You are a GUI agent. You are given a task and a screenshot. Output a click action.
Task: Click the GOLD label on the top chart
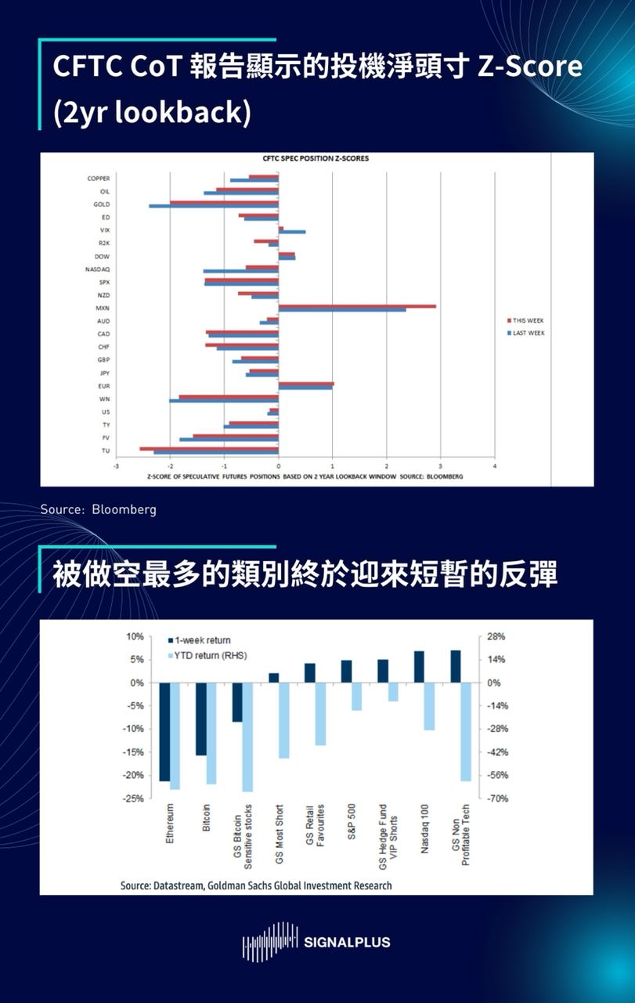coord(101,204)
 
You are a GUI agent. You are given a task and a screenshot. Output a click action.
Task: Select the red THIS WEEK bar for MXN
coord(357,306)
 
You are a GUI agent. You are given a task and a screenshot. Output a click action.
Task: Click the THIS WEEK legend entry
coord(526,320)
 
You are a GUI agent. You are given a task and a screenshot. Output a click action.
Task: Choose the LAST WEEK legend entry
coord(526,333)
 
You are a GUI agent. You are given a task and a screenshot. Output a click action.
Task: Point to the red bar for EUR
coord(306,383)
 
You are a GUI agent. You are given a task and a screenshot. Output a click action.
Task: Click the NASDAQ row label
coord(98,269)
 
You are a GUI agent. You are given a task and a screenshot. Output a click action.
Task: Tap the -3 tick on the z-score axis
coord(116,466)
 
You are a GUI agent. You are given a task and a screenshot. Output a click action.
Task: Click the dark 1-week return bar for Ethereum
coord(164,731)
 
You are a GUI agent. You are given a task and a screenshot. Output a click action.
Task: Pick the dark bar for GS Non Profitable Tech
coord(456,666)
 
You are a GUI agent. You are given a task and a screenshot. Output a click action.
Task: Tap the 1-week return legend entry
coord(202,640)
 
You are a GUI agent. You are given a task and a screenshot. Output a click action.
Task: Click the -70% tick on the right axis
coord(499,798)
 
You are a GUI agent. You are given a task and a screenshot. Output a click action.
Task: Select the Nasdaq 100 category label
coord(424,829)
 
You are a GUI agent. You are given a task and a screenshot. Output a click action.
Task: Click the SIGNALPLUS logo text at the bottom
coord(345,942)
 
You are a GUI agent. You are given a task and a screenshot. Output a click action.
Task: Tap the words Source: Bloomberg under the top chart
coord(99,509)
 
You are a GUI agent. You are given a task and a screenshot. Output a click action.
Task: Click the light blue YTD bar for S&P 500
coord(357,696)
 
